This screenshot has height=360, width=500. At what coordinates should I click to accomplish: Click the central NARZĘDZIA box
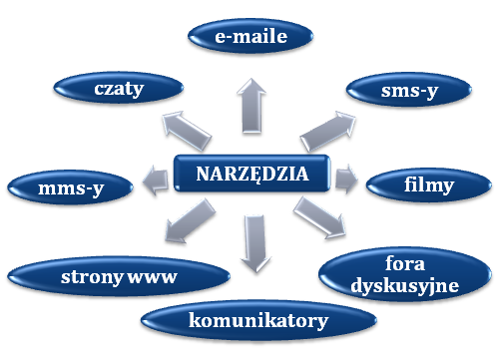click(x=250, y=178)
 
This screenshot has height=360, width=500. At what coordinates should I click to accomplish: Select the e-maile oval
click(x=250, y=38)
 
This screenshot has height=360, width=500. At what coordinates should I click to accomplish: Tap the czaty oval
click(x=118, y=90)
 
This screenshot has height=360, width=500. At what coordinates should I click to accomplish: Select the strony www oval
click(x=98, y=276)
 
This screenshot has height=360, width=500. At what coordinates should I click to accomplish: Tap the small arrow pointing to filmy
click(x=346, y=180)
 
